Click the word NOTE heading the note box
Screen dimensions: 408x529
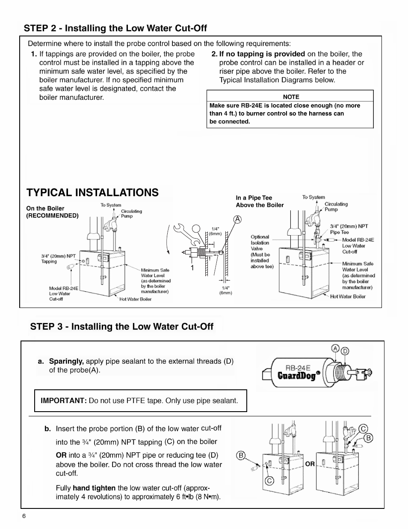click(291, 97)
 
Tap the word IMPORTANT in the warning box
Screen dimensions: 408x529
click(64, 400)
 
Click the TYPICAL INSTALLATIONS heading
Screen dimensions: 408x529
click(92, 193)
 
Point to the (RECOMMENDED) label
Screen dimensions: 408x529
click(53, 216)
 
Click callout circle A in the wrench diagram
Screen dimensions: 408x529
click(237, 220)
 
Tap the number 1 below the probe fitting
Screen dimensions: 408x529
click(192, 268)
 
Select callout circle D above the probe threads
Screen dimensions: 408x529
click(345, 351)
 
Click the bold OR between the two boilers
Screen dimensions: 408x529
click(310, 464)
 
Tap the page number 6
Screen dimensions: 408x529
click(24, 516)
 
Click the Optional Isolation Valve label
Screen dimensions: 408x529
click(262, 251)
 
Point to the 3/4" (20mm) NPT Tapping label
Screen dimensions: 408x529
click(58, 259)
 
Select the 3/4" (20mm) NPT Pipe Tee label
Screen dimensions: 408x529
click(349, 229)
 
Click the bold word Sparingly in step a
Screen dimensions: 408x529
click(66, 362)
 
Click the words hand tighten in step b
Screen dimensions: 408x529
click(94, 488)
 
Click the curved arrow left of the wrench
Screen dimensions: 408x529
click(168, 240)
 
